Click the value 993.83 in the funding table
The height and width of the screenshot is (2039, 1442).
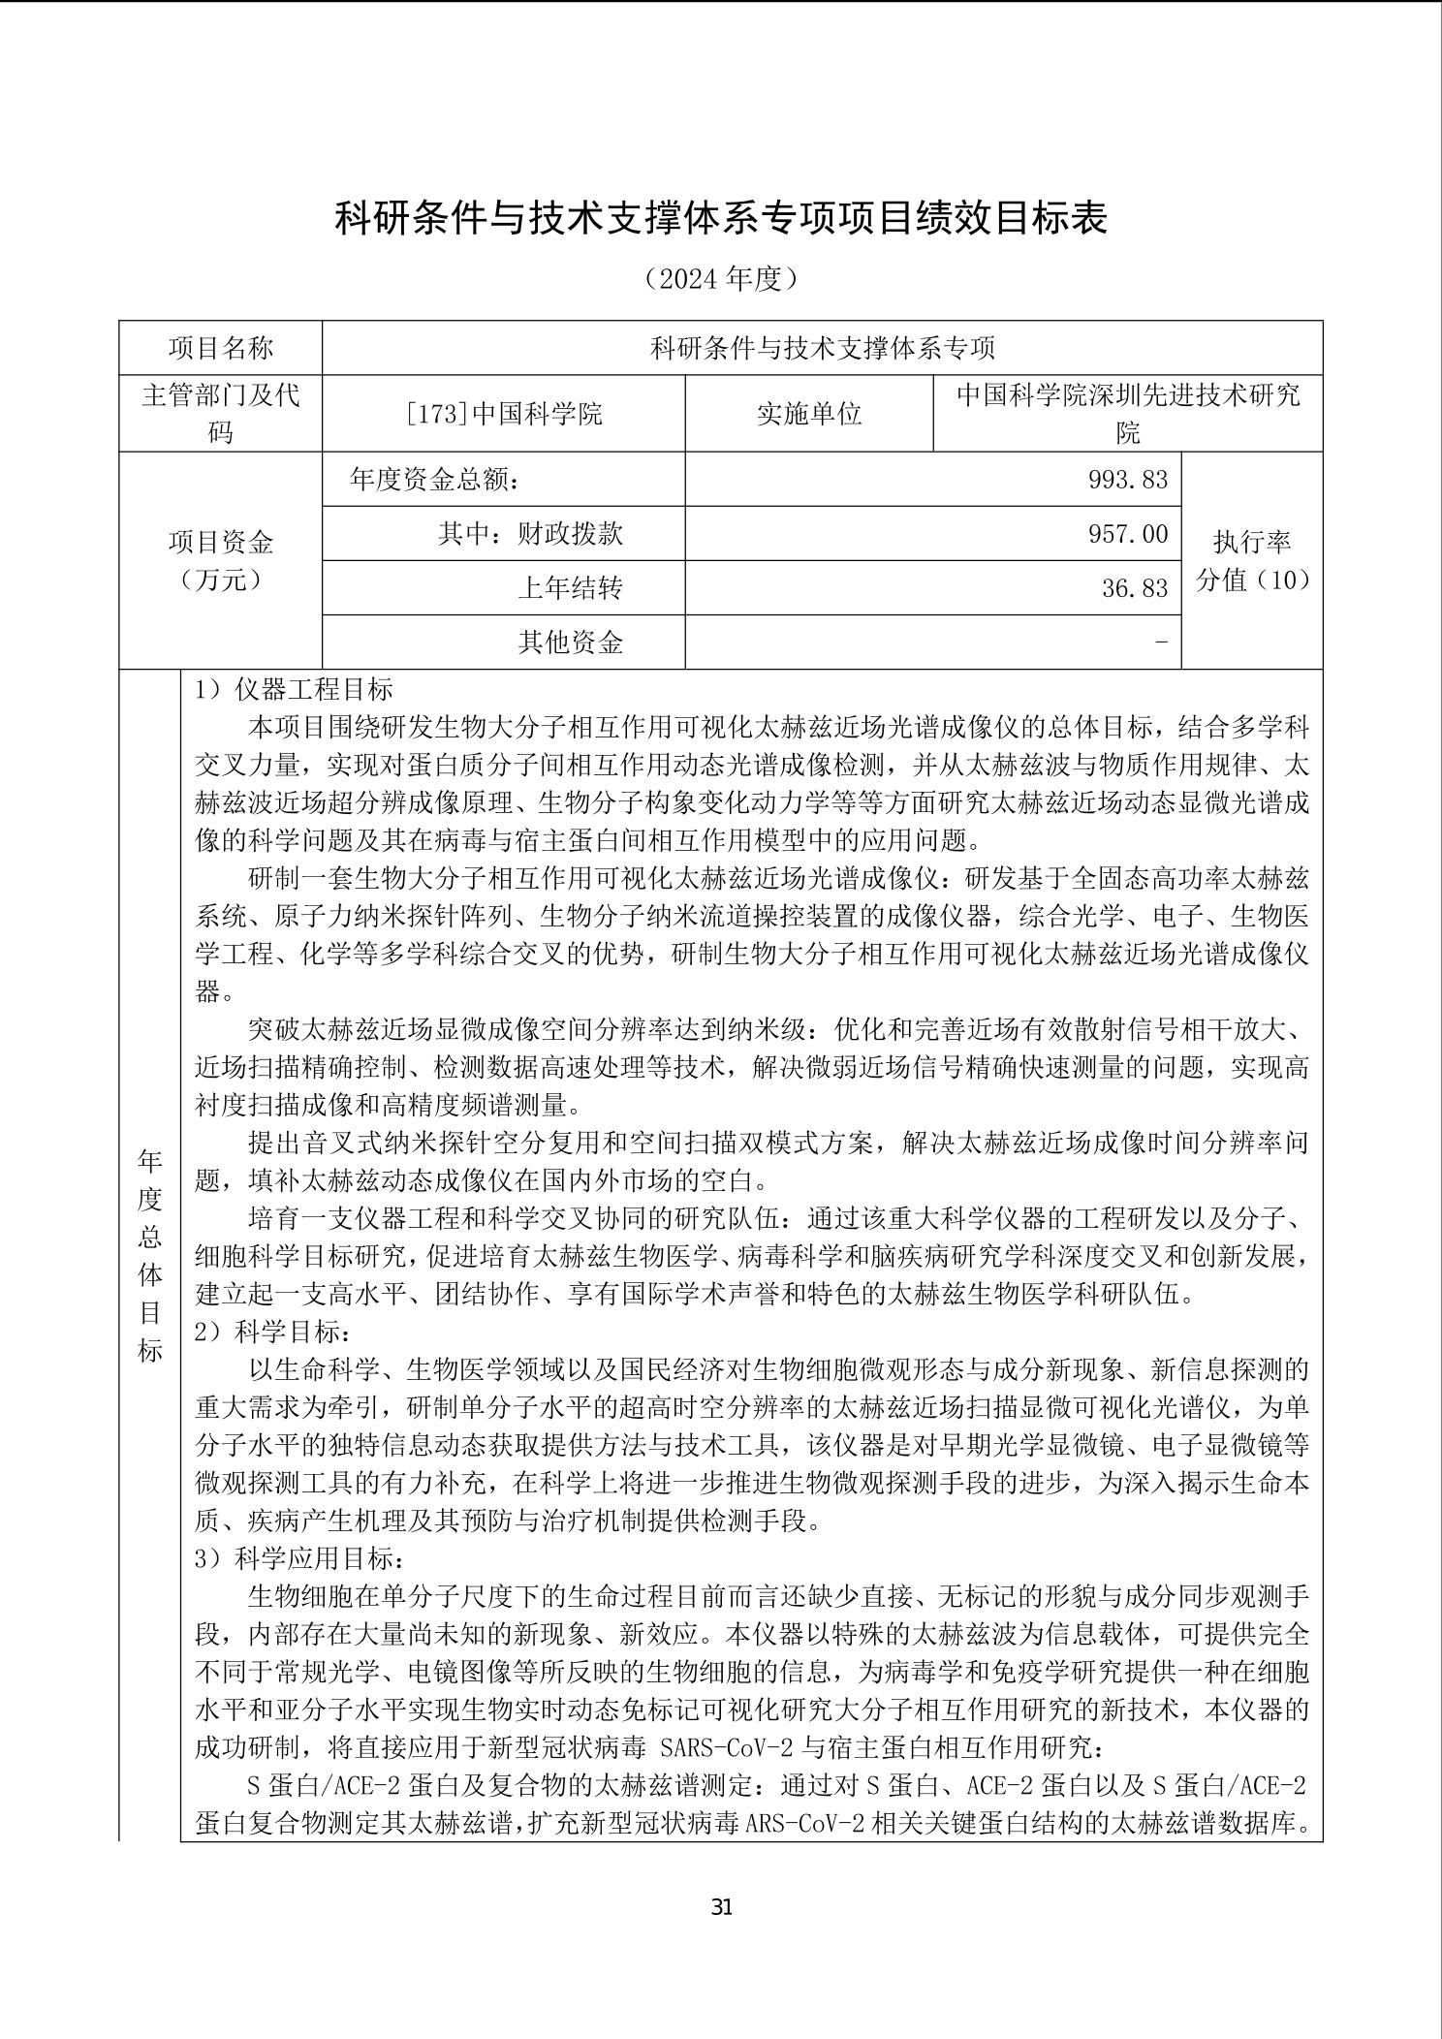coord(1128,480)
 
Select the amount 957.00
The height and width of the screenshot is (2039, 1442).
coord(1128,534)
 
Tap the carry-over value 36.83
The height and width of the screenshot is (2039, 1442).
coord(1134,588)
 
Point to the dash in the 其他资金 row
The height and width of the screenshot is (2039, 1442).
coord(1162,642)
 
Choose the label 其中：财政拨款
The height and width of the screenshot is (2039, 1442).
coord(530,534)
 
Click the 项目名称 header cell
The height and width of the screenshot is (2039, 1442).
coord(221,348)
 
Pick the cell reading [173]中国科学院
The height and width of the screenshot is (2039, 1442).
coord(504,414)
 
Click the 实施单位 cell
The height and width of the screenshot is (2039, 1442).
coord(809,414)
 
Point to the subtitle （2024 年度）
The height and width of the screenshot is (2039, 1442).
coord(721,279)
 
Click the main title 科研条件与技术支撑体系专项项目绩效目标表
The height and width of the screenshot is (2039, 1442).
coord(721,218)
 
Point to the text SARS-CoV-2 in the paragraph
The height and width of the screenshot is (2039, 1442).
coord(726,1748)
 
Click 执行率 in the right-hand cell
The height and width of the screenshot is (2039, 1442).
coord(1252,542)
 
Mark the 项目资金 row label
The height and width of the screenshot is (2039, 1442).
coord(221,543)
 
